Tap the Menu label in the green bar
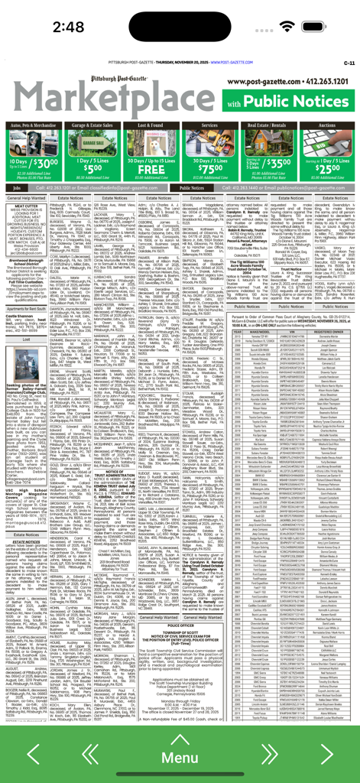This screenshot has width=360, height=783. [180, 758]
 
